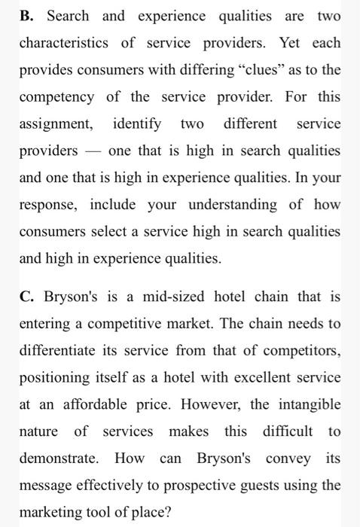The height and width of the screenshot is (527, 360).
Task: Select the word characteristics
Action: tap(66, 43)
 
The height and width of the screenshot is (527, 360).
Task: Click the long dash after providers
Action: tap(93, 151)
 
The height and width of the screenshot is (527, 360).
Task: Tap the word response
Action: tap(46, 205)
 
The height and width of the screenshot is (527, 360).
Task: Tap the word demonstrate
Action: tap(59, 458)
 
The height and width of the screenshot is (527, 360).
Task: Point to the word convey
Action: tap(291, 458)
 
